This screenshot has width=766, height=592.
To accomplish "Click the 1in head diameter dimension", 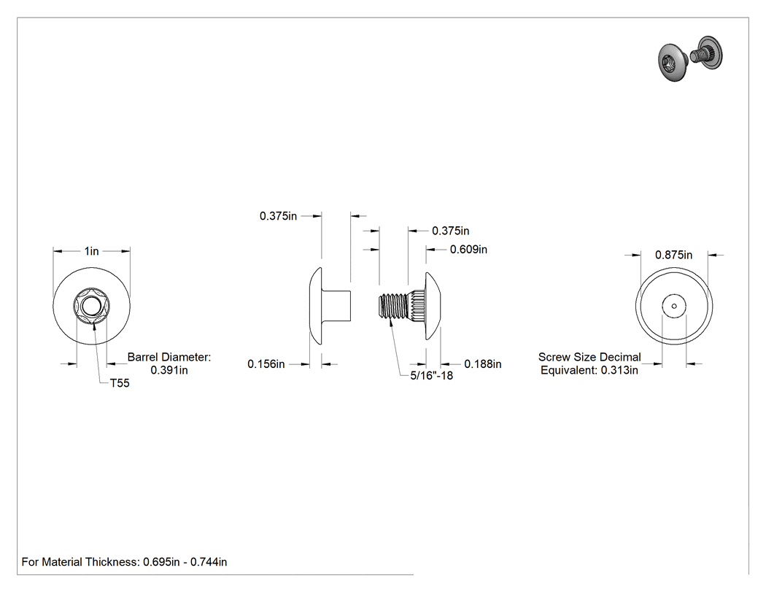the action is [91, 251].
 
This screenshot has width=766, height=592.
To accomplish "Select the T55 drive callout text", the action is [120, 383].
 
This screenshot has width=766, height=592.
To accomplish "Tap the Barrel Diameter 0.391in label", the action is [169, 364].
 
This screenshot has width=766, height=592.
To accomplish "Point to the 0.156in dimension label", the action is [266, 364].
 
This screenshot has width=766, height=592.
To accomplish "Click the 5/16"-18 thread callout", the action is [431, 375].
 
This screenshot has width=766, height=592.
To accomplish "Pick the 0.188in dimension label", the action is [483, 364].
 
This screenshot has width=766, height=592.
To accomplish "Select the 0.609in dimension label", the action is [468, 250].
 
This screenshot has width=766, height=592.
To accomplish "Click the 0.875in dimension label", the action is [673, 255].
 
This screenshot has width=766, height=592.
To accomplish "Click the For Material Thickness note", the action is [124, 562].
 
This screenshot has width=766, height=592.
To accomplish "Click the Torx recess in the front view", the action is [91, 307].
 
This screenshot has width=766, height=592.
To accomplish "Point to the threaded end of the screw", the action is [392, 307].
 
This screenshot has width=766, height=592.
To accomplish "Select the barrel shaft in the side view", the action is [336, 306].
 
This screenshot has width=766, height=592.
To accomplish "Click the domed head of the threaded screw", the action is [433, 306].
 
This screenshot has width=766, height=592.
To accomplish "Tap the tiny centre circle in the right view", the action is [674, 307].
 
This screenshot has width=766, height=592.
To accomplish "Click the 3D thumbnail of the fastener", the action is [691, 58].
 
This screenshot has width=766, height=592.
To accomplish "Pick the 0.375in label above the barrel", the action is [278, 216].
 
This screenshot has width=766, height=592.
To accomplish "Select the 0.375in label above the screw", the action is [450, 231].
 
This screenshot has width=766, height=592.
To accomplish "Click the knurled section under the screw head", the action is [417, 306].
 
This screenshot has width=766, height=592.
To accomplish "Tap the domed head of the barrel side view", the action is [316, 306].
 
